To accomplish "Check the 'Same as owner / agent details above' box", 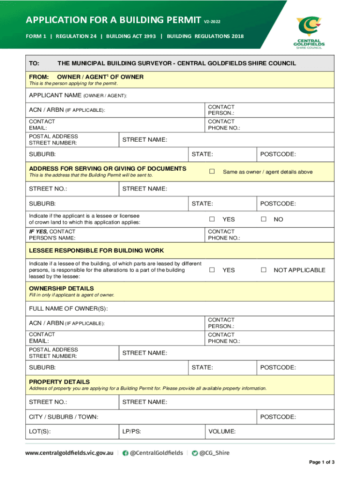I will tap(212, 172).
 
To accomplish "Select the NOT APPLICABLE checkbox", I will tap(264, 270).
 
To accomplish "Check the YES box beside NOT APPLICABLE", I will tap(212, 270).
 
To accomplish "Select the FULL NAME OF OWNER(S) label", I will tap(68, 308).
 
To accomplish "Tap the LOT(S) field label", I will tap(40, 431).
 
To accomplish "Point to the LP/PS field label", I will tap(132, 431).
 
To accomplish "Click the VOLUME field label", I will tap(222, 431).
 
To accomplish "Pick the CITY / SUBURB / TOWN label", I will tap(64, 417).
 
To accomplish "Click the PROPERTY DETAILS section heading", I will tap(59, 382).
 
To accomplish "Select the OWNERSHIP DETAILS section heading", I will tap(61, 288).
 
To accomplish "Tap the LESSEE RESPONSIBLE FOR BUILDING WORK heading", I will tap(96, 250).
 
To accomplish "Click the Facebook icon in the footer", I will tap(125, 453).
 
